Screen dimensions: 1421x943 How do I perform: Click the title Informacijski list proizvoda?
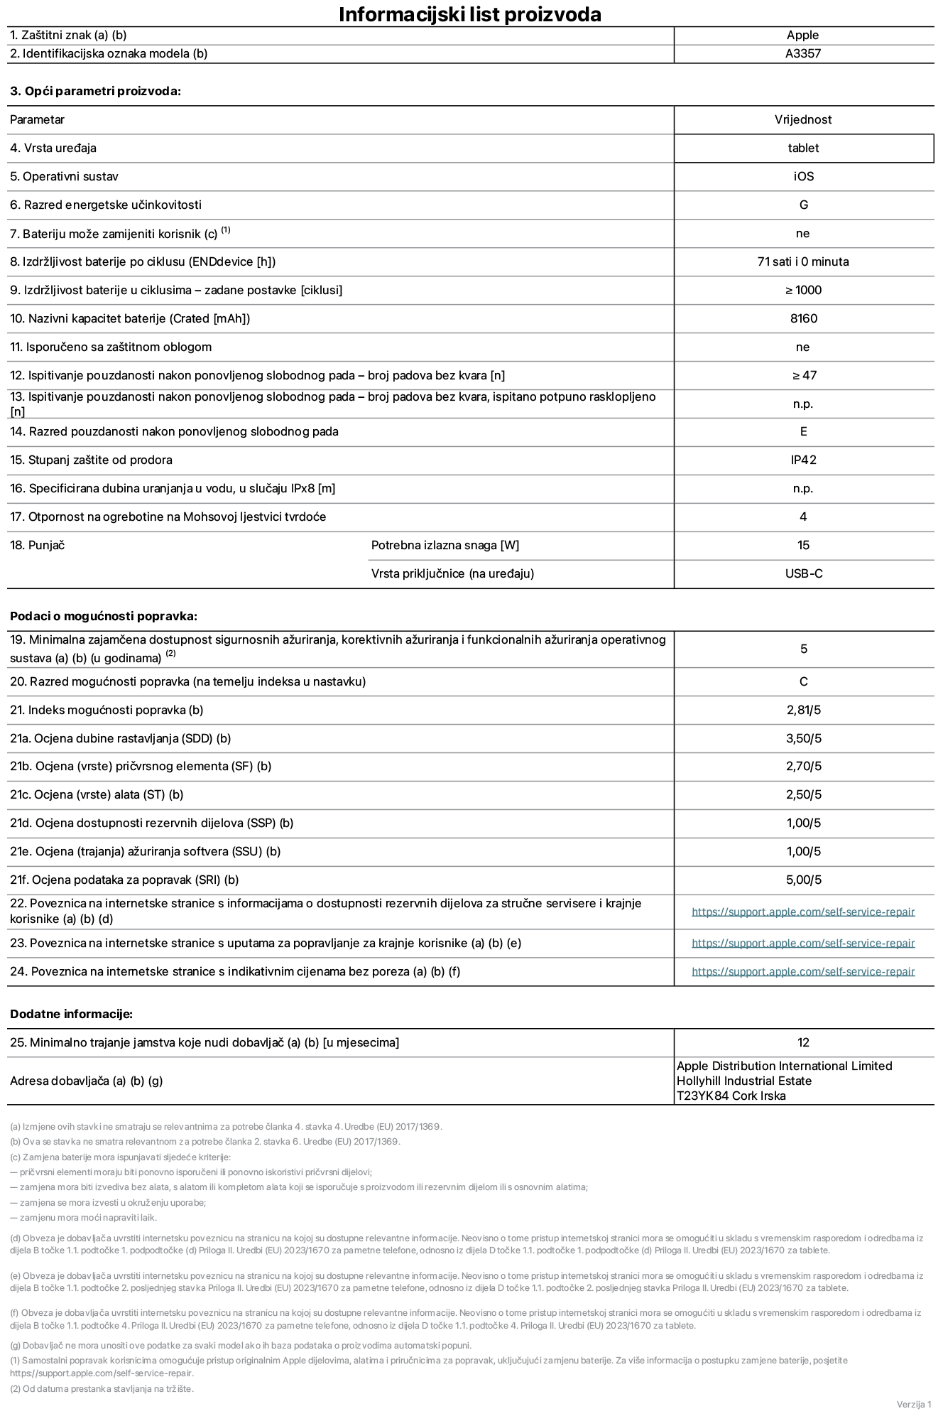click(x=470, y=14)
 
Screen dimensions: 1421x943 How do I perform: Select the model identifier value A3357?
click(x=803, y=53)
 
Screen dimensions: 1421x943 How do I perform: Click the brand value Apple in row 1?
click(x=803, y=35)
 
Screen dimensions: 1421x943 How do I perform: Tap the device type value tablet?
click(x=803, y=148)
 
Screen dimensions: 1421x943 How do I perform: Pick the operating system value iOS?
click(x=803, y=176)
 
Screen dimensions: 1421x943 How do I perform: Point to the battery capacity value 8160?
click(x=803, y=318)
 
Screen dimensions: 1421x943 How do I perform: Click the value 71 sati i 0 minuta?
click(x=803, y=261)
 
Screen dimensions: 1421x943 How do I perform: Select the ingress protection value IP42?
click(x=803, y=460)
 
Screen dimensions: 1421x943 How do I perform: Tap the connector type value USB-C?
click(x=803, y=573)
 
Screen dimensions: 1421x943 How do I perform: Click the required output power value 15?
click(x=803, y=545)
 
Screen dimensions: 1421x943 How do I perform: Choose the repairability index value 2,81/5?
click(x=803, y=710)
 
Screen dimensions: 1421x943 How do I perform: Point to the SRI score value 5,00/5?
click(x=803, y=880)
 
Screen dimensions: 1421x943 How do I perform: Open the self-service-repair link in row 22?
click(x=803, y=912)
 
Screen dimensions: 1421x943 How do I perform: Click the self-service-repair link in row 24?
click(x=803, y=971)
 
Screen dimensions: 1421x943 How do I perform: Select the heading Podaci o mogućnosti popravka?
click(x=104, y=616)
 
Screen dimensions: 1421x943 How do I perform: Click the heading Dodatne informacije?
click(x=71, y=1014)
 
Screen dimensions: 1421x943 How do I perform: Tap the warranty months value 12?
click(x=803, y=1042)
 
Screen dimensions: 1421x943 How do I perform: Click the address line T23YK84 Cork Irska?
click(x=731, y=1096)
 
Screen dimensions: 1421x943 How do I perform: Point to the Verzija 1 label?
click(x=913, y=1404)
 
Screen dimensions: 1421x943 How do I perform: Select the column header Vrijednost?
click(x=803, y=119)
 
